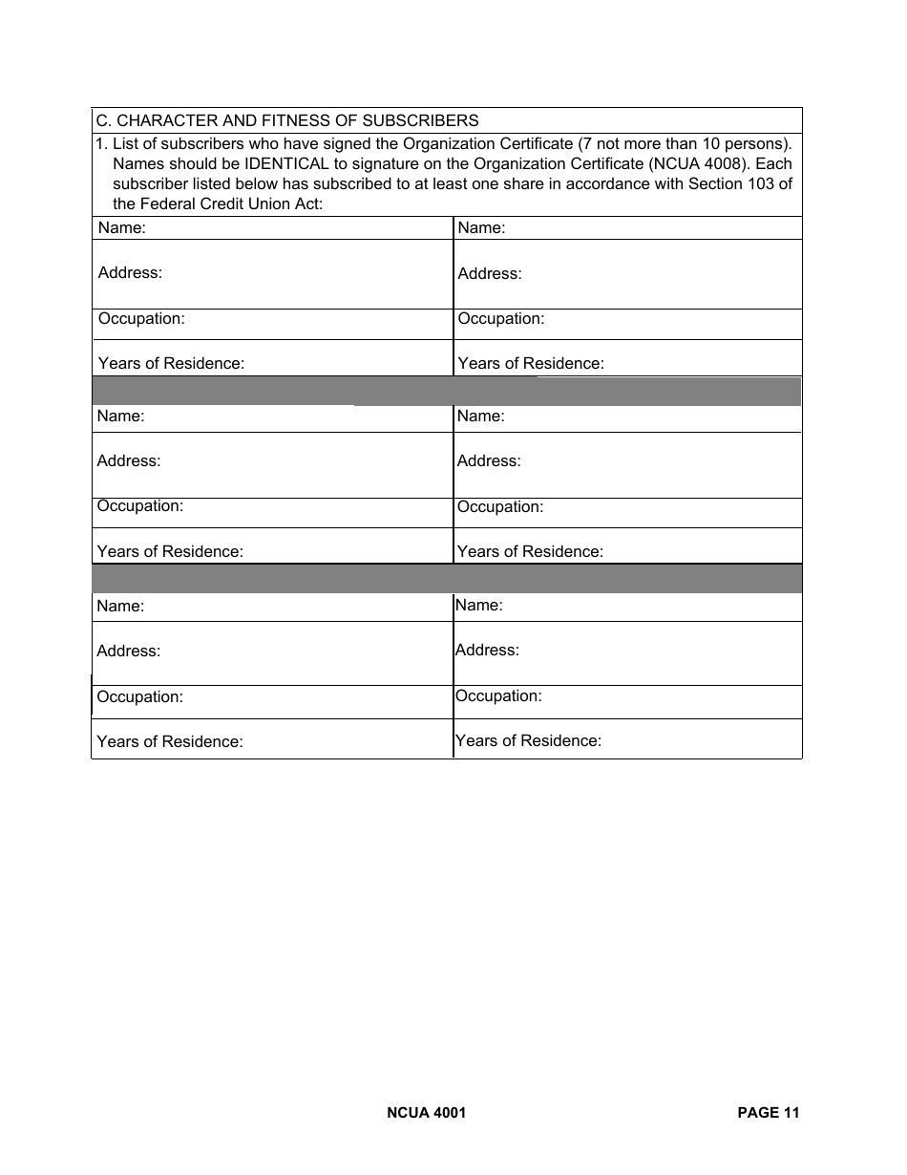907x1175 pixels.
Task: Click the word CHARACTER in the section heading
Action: coord(162,120)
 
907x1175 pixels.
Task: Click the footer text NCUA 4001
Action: coord(427,1112)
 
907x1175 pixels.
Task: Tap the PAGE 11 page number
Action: coord(769,1112)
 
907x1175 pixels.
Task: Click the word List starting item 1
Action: coord(125,143)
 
